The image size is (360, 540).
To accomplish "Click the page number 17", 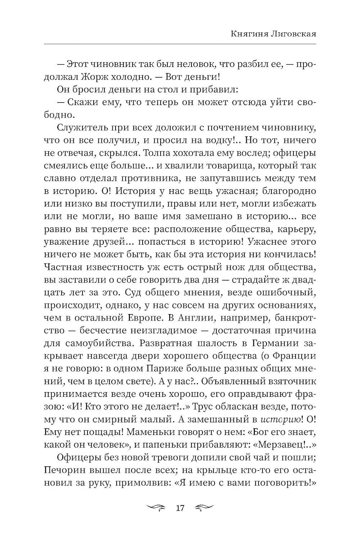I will point(180,508).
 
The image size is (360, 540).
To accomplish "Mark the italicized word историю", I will point(280,419).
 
